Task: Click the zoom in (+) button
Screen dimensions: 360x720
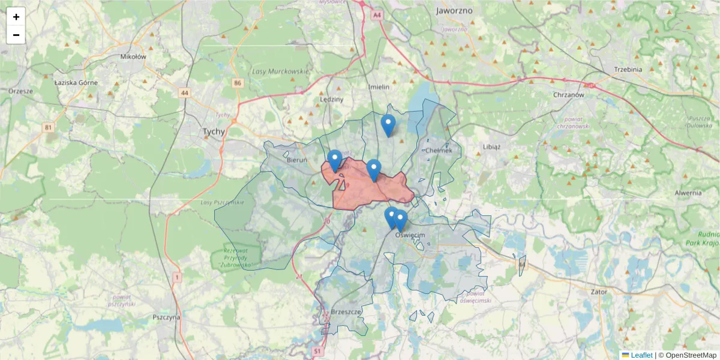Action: (16, 17)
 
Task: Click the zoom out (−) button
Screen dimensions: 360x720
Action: (16, 35)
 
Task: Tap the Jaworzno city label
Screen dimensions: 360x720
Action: (454, 11)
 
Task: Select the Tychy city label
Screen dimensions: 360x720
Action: (214, 131)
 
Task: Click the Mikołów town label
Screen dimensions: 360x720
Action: (133, 57)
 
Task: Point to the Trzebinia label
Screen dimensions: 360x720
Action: (628, 70)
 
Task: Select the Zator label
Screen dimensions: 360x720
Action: (599, 292)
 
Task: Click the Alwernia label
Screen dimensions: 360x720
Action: (688, 193)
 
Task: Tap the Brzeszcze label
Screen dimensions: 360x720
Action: (346, 313)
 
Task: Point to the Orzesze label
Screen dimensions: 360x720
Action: (20, 91)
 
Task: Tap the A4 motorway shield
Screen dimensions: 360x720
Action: (377, 15)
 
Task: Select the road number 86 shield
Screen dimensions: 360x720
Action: (238, 83)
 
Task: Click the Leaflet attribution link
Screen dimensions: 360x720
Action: (641, 355)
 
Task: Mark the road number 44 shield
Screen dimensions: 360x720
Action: (184, 93)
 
